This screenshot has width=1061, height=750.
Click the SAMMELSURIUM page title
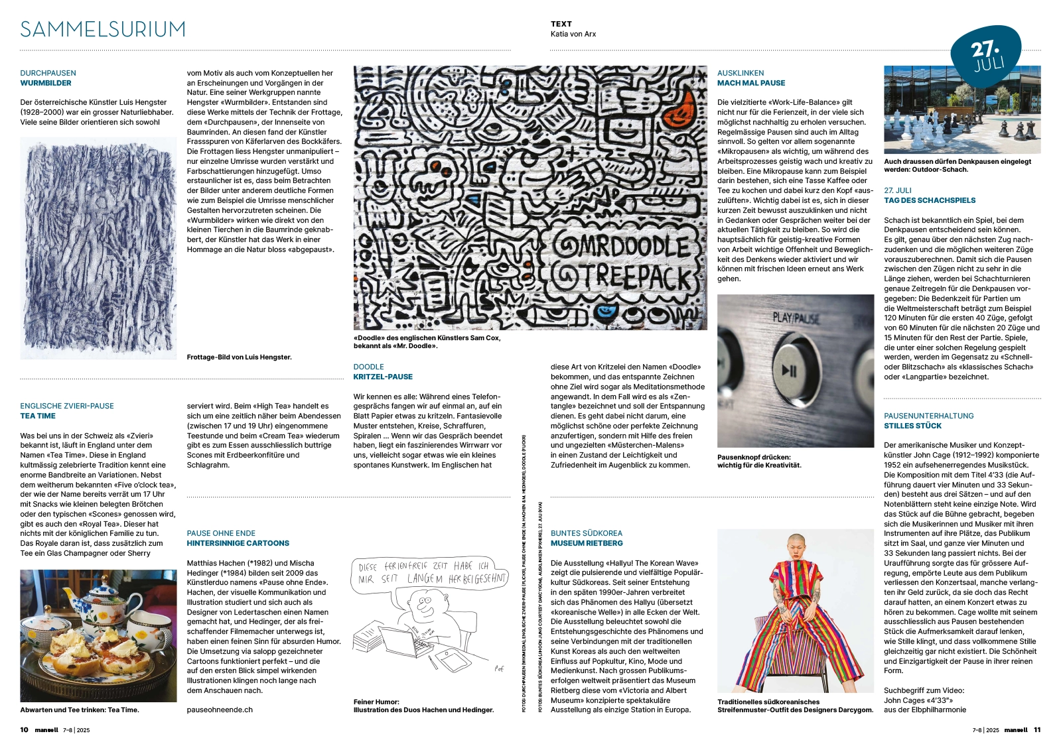click(x=103, y=30)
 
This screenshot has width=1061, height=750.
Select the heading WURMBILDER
click(x=46, y=83)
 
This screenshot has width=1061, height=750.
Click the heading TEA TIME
click(x=38, y=416)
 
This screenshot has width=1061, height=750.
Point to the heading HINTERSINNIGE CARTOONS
click(x=238, y=543)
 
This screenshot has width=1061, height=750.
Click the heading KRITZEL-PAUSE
click(x=383, y=377)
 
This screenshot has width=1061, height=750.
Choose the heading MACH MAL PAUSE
click(x=750, y=83)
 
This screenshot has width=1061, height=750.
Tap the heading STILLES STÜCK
click(x=912, y=426)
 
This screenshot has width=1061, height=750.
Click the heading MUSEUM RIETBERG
click(x=587, y=543)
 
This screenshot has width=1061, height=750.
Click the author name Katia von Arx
click(x=573, y=34)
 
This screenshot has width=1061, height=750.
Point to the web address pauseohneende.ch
click(x=220, y=710)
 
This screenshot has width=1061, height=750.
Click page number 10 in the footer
click(x=24, y=730)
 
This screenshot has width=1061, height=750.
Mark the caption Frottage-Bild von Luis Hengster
click(x=239, y=357)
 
